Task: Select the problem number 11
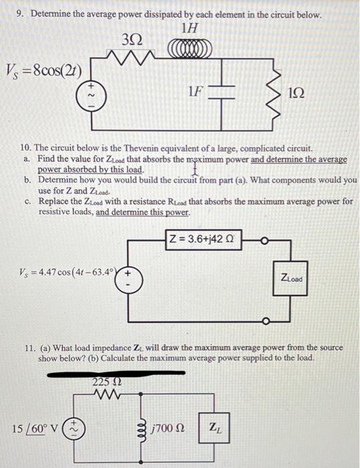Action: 29,348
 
